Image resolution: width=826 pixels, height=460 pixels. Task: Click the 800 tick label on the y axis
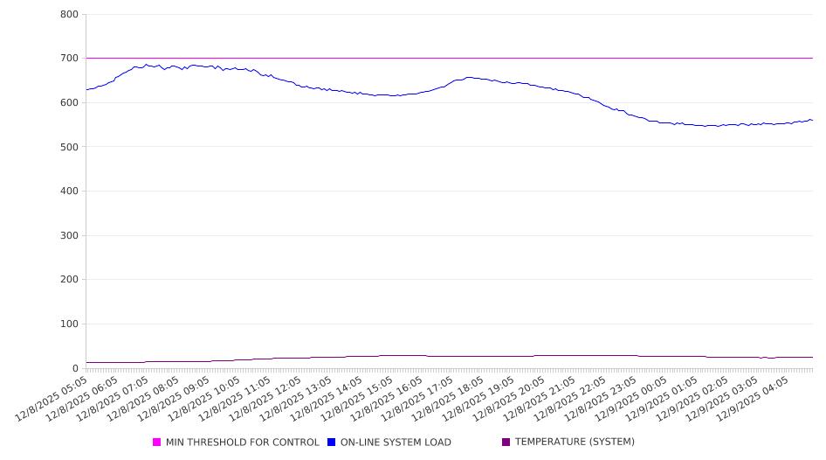[x=70, y=15]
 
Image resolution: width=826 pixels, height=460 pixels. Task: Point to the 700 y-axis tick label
[x=70, y=59]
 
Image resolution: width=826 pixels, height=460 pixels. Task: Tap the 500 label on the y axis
[x=70, y=147]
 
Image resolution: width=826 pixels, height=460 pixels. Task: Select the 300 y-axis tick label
[x=70, y=235]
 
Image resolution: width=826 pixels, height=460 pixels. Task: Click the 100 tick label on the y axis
[x=70, y=324]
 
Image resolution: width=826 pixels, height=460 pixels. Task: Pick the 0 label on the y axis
[x=76, y=368]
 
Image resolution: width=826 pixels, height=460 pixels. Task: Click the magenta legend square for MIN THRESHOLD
[x=157, y=443]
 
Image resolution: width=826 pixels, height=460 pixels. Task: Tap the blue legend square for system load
[x=332, y=443]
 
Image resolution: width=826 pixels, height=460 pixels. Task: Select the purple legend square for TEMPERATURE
[x=506, y=443]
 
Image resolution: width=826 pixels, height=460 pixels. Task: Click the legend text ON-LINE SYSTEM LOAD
[x=396, y=443]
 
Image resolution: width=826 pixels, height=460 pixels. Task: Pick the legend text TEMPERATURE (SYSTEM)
[x=575, y=443]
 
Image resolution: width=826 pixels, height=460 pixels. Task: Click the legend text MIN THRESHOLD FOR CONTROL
[x=243, y=443]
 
